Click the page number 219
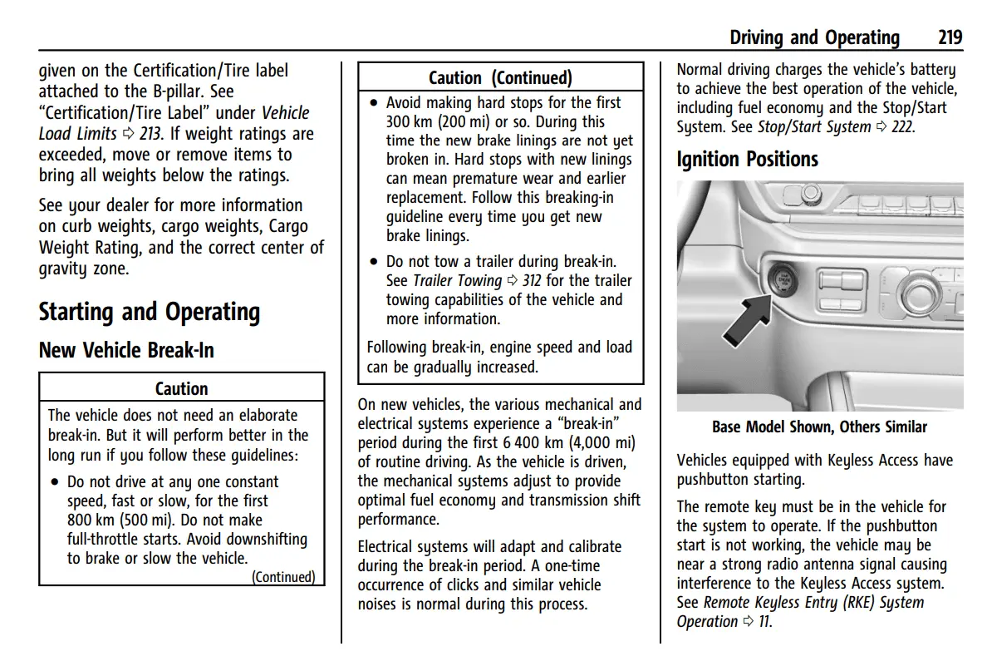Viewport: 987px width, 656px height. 950,37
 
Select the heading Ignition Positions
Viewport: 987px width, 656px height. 747,159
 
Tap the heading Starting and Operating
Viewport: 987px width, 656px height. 150,312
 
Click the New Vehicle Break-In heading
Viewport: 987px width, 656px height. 126,350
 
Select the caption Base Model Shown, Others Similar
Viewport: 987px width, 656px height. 819,427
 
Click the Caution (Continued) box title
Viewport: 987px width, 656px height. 500,78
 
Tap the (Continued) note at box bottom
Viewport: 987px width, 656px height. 283,577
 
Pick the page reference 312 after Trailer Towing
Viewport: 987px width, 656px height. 532,281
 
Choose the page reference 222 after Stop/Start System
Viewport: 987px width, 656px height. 901,127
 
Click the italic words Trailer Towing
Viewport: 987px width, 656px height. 457,281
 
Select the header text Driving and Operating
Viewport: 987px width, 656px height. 814,37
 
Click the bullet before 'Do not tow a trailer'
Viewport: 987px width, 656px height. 375,262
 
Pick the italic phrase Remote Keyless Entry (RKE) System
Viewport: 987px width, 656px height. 813,603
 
